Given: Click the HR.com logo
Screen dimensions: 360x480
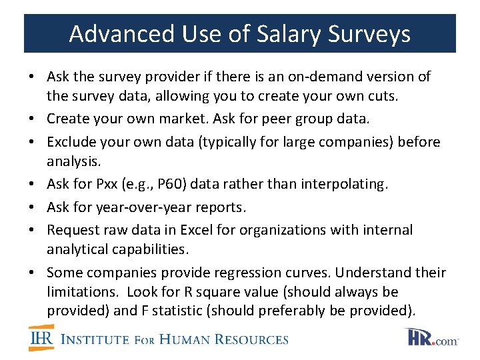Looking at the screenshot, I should tap(431, 338).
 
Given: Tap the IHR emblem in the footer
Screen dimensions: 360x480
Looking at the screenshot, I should tap(41, 338).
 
